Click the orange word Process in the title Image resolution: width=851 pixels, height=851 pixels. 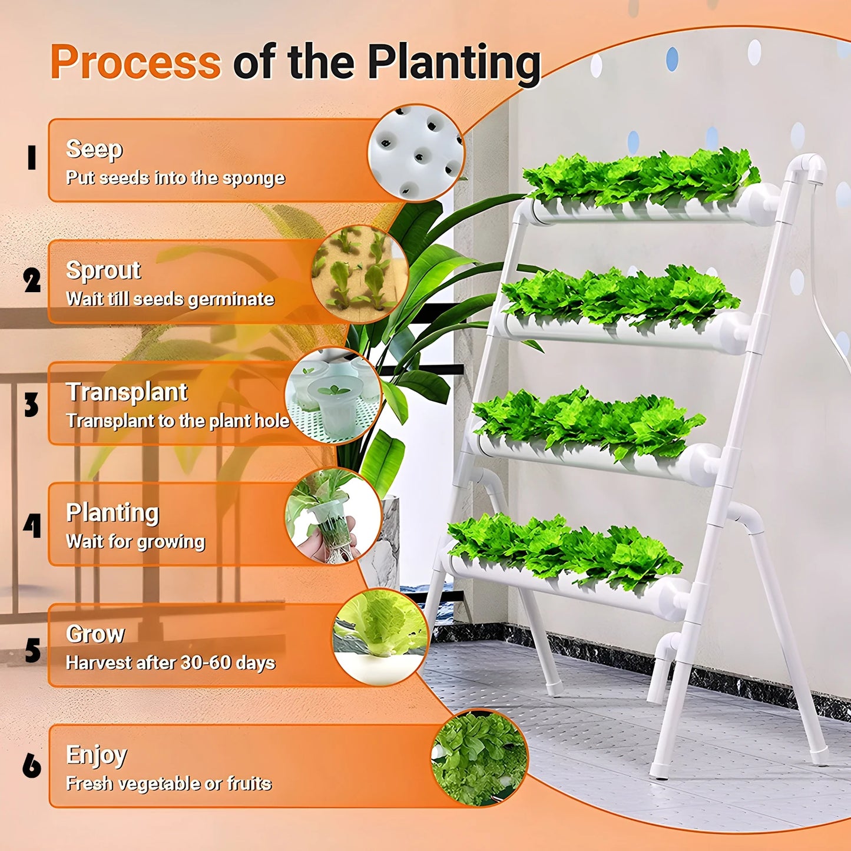point(135,62)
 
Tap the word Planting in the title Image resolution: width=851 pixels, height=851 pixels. point(453,63)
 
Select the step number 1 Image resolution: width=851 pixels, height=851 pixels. point(32,158)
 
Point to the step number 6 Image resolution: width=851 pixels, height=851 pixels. point(32,766)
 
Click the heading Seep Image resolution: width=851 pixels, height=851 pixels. point(94,149)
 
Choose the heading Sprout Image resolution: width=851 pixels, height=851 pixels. point(103,270)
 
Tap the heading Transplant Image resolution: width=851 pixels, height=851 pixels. point(127,392)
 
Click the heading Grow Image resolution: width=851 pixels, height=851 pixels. point(95,634)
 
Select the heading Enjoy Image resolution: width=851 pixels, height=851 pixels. point(97,755)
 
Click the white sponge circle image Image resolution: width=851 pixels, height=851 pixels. point(416,153)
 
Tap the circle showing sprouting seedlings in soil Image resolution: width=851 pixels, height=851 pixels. point(360,274)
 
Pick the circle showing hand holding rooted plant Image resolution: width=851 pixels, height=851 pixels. point(333,516)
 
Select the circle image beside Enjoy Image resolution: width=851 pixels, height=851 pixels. point(479,757)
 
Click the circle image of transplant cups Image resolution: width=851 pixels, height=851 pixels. point(333,395)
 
